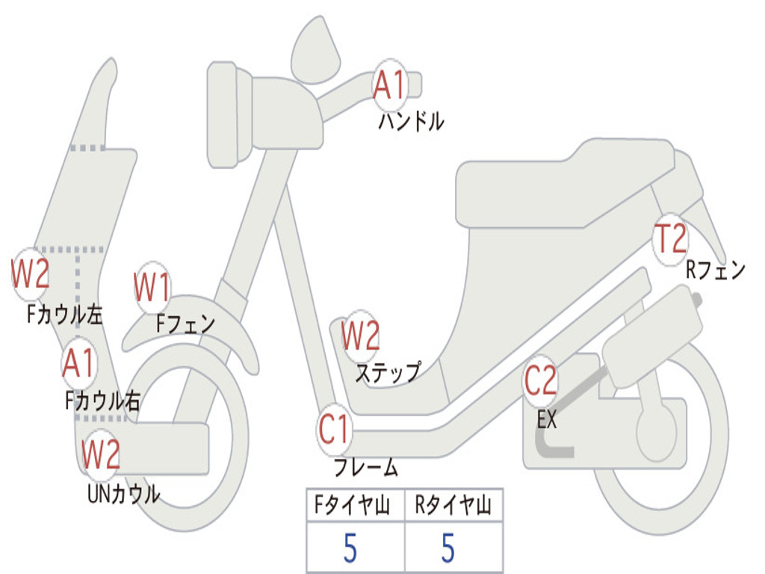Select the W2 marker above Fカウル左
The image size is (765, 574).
tap(30, 274)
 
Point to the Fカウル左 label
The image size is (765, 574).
tap(65, 315)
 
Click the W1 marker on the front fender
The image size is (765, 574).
tap(152, 287)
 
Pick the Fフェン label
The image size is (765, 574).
tap(185, 323)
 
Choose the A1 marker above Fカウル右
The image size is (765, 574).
tap(78, 363)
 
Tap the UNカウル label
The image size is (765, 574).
tap(123, 494)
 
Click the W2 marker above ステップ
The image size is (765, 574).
tap(360, 336)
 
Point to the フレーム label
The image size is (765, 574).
tap(366, 467)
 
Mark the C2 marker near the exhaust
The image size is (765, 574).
tap(540, 380)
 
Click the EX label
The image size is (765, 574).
tap(546, 419)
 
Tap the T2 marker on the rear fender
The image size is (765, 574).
tap(670, 239)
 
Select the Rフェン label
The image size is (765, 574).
tap(716, 270)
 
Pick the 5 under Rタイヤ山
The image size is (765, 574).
tap(448, 548)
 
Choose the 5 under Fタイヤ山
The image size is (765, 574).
tap(350, 548)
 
